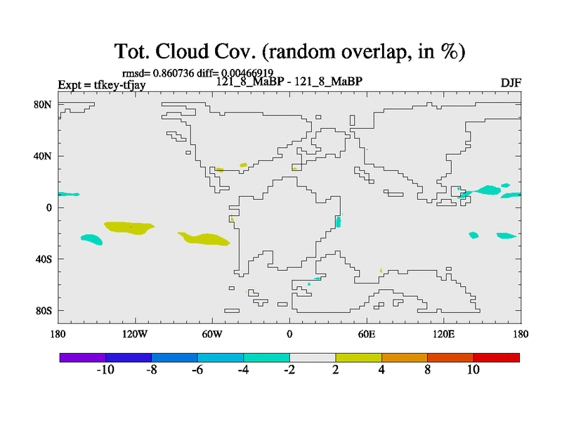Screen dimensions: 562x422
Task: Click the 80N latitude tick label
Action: [43, 105]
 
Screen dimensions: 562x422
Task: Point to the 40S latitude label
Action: [44, 259]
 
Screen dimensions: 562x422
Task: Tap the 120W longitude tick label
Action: [135, 334]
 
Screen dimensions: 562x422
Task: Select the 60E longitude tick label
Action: [366, 334]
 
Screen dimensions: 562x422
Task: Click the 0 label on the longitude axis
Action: [289, 334]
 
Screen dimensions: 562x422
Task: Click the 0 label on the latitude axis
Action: [48, 207]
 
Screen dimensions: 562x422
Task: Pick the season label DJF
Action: [511, 83]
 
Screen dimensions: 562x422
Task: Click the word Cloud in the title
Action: [182, 51]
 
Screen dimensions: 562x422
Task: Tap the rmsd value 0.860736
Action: [174, 73]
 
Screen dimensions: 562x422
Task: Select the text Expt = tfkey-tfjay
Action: [102, 85]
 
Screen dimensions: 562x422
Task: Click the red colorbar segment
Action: [497, 357]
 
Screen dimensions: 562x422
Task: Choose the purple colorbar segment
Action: [83, 357]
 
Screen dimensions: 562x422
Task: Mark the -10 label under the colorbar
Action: [105, 369]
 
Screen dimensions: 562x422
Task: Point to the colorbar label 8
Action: [427, 369]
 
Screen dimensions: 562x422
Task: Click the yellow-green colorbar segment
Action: [358, 357]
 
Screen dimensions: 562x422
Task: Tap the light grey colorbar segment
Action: [313, 357]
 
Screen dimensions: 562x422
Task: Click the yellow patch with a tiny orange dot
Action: [129, 228]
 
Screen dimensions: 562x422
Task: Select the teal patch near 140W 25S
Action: [92, 239]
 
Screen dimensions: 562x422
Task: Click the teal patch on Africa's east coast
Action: [339, 222]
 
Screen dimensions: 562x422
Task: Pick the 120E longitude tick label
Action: [443, 334]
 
